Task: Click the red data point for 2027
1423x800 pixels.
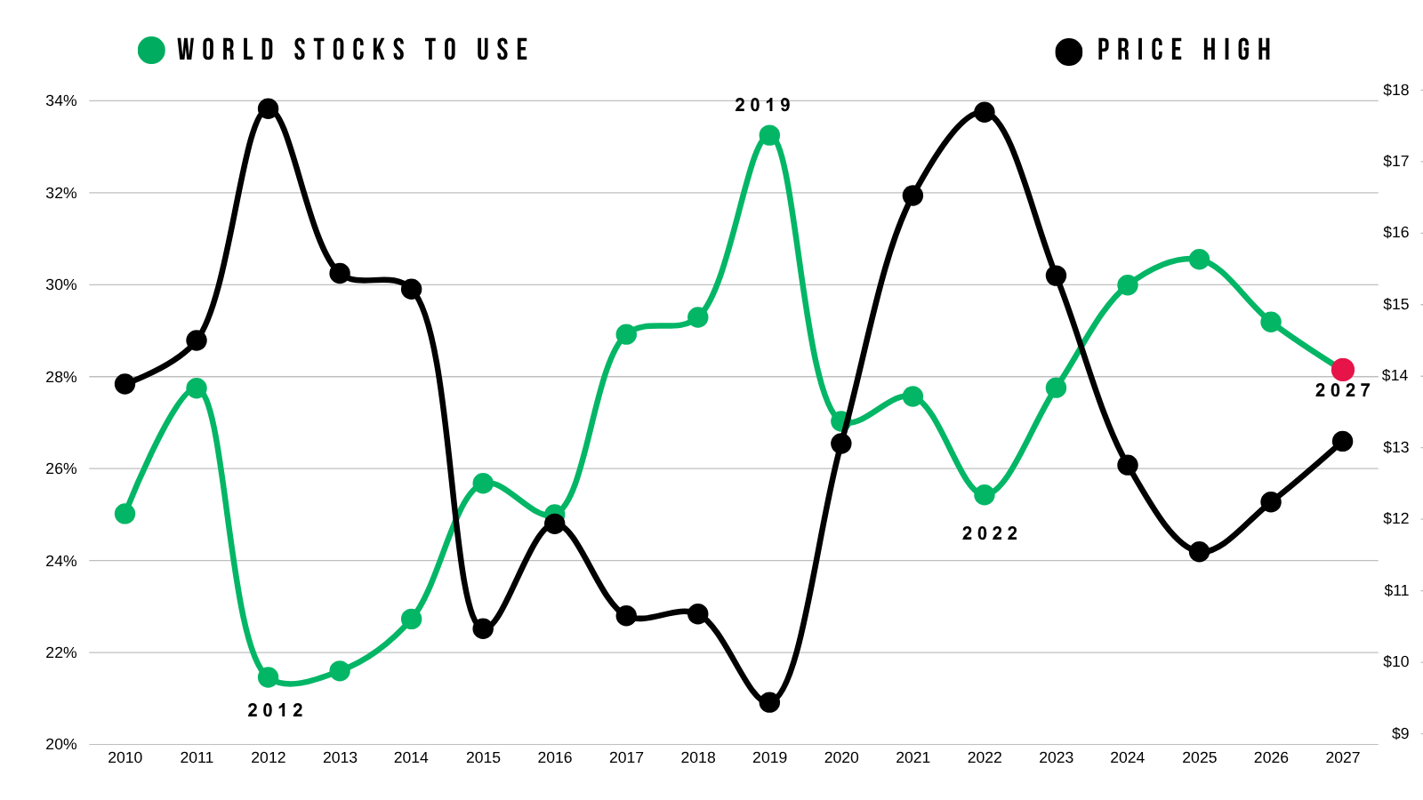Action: tap(1342, 369)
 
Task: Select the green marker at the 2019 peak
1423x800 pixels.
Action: tap(769, 135)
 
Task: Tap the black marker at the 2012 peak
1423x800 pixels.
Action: tap(268, 108)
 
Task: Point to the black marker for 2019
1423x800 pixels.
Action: tap(769, 702)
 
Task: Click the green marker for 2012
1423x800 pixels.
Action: tap(268, 677)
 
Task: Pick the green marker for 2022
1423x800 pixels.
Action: tap(985, 494)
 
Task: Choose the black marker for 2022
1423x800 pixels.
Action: tap(985, 112)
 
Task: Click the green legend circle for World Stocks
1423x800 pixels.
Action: tap(151, 50)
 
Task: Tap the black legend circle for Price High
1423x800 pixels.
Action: tap(1068, 52)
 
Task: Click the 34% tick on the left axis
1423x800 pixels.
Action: tap(61, 101)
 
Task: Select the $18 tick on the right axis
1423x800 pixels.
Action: tap(1395, 90)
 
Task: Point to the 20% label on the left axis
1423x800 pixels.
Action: tap(61, 744)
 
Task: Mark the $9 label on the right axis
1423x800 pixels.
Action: tap(1400, 733)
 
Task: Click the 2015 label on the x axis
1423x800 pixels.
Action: tap(483, 757)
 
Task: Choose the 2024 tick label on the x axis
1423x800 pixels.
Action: tap(1128, 757)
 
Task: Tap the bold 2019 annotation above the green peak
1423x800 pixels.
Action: tap(763, 106)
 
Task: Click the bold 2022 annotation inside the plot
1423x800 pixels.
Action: tap(991, 534)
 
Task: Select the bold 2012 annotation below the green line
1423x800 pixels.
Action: tap(276, 710)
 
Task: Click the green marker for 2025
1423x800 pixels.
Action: tap(1200, 259)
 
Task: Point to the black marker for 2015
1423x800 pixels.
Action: tap(483, 628)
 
